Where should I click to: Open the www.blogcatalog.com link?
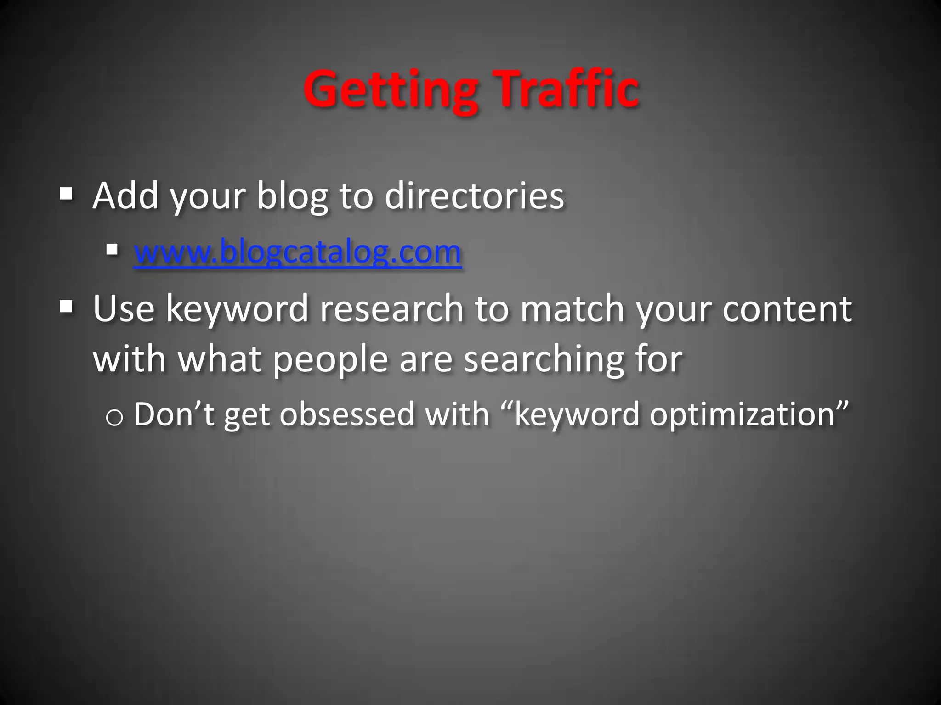[297, 252]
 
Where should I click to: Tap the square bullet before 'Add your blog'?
[66, 194]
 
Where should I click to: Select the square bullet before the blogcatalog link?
[112, 250]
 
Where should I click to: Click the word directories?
[474, 196]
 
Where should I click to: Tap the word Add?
[125, 196]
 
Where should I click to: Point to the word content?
[787, 308]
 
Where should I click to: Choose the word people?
[331, 360]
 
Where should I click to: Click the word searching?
[544, 360]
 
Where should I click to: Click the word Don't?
[175, 414]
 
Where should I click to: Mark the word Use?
[124, 308]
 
